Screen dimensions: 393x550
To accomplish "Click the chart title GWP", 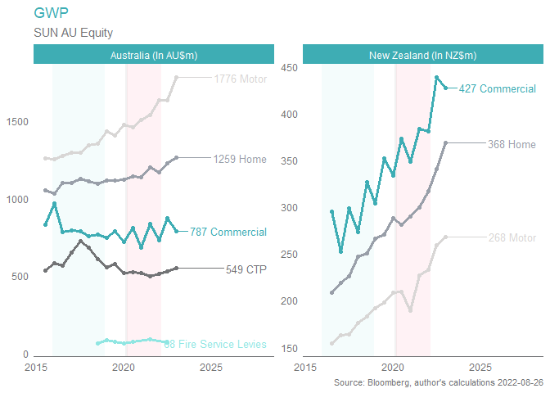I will click(x=51, y=13).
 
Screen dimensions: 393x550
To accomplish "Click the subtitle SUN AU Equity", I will click(x=73, y=33).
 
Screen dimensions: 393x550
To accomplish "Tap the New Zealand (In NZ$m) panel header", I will click(x=422, y=55).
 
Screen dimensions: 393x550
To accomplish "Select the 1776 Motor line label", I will click(x=240, y=79).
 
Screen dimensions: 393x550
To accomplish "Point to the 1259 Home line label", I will click(x=240, y=159).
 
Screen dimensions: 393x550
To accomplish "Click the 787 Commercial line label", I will click(x=228, y=232).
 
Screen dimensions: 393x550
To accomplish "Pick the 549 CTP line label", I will click(x=246, y=268).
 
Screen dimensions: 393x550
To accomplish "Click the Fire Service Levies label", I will click(x=216, y=345).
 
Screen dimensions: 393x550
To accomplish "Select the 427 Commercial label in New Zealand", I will click(x=497, y=88).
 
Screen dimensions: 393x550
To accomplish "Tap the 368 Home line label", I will click(x=512, y=144).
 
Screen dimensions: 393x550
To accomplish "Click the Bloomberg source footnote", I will click(x=439, y=383).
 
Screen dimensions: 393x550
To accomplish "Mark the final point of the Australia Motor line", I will click(x=176, y=77).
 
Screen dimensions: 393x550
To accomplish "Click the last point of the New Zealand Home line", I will click(x=445, y=142).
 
